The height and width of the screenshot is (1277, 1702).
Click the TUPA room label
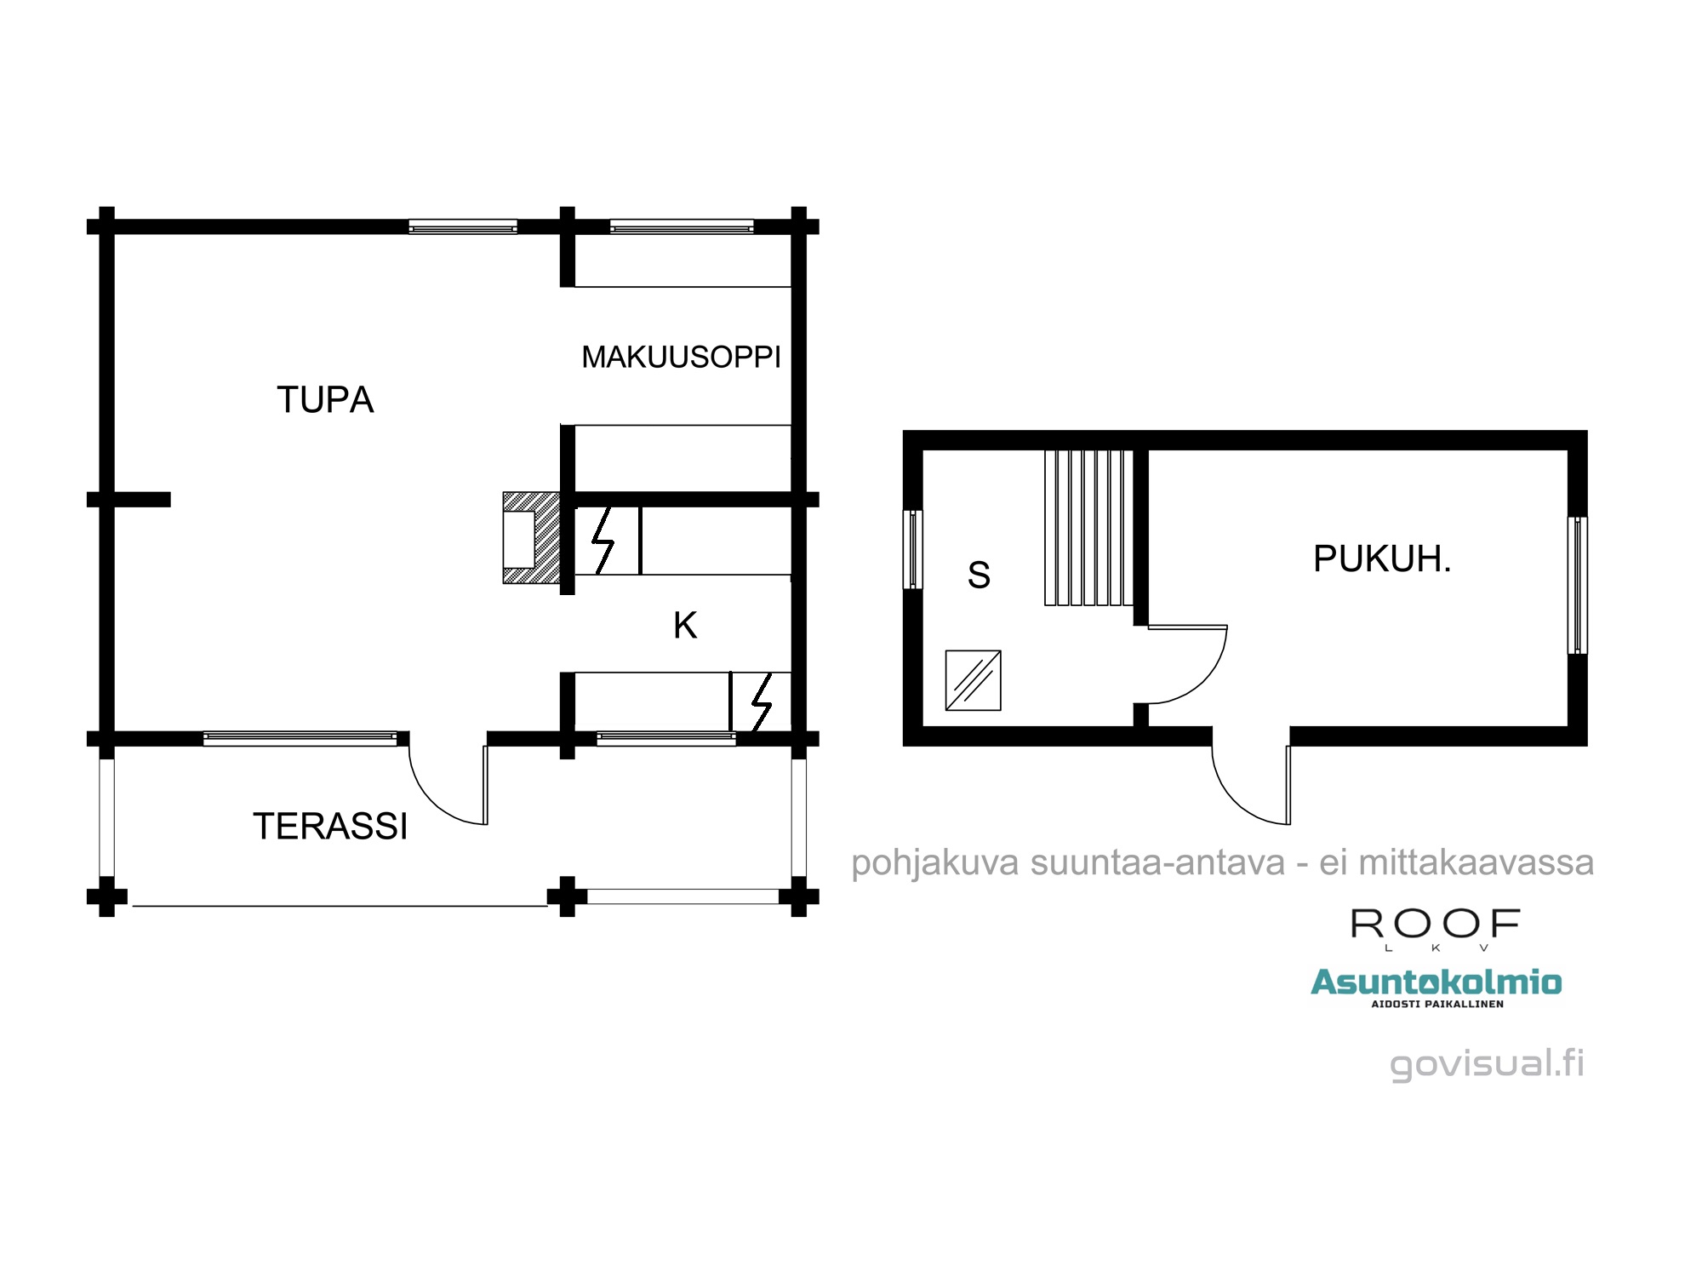click(x=325, y=399)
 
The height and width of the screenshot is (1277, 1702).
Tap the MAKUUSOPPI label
click(x=681, y=357)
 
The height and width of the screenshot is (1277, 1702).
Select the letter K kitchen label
click(x=685, y=626)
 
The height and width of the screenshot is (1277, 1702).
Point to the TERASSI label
click(x=330, y=827)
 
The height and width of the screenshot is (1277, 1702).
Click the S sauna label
click(x=979, y=576)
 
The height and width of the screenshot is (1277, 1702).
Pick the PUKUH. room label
click(x=1381, y=559)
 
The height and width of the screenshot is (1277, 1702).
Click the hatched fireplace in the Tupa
click(x=531, y=538)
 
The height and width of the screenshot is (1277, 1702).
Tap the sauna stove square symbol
click(x=973, y=680)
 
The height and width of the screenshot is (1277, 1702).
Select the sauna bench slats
click(x=1089, y=528)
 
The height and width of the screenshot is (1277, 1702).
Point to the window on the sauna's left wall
click(x=912, y=549)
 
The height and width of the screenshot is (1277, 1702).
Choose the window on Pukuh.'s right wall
click(x=1577, y=585)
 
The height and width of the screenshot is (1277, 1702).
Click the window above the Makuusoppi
click(x=682, y=226)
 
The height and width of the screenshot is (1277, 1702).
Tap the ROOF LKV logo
click(x=1436, y=930)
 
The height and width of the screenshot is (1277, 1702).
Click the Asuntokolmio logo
click(x=1436, y=988)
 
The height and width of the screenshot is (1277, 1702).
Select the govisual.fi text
click(x=1487, y=1064)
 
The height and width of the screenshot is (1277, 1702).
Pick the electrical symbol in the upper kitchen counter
click(x=603, y=541)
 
